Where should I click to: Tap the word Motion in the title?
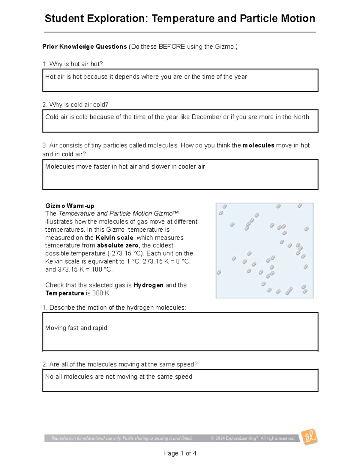click(x=298, y=19)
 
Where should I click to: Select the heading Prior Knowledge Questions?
click(x=85, y=47)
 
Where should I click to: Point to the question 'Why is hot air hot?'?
click(x=73, y=64)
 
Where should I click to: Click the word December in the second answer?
click(x=206, y=117)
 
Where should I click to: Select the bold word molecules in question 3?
click(x=258, y=146)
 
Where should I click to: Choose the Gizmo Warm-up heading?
click(x=70, y=206)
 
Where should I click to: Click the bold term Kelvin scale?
click(x=114, y=238)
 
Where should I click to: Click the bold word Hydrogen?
click(x=148, y=285)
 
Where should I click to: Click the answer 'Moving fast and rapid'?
click(x=76, y=328)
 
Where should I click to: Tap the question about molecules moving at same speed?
click(x=120, y=364)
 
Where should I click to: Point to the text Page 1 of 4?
click(x=180, y=453)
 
